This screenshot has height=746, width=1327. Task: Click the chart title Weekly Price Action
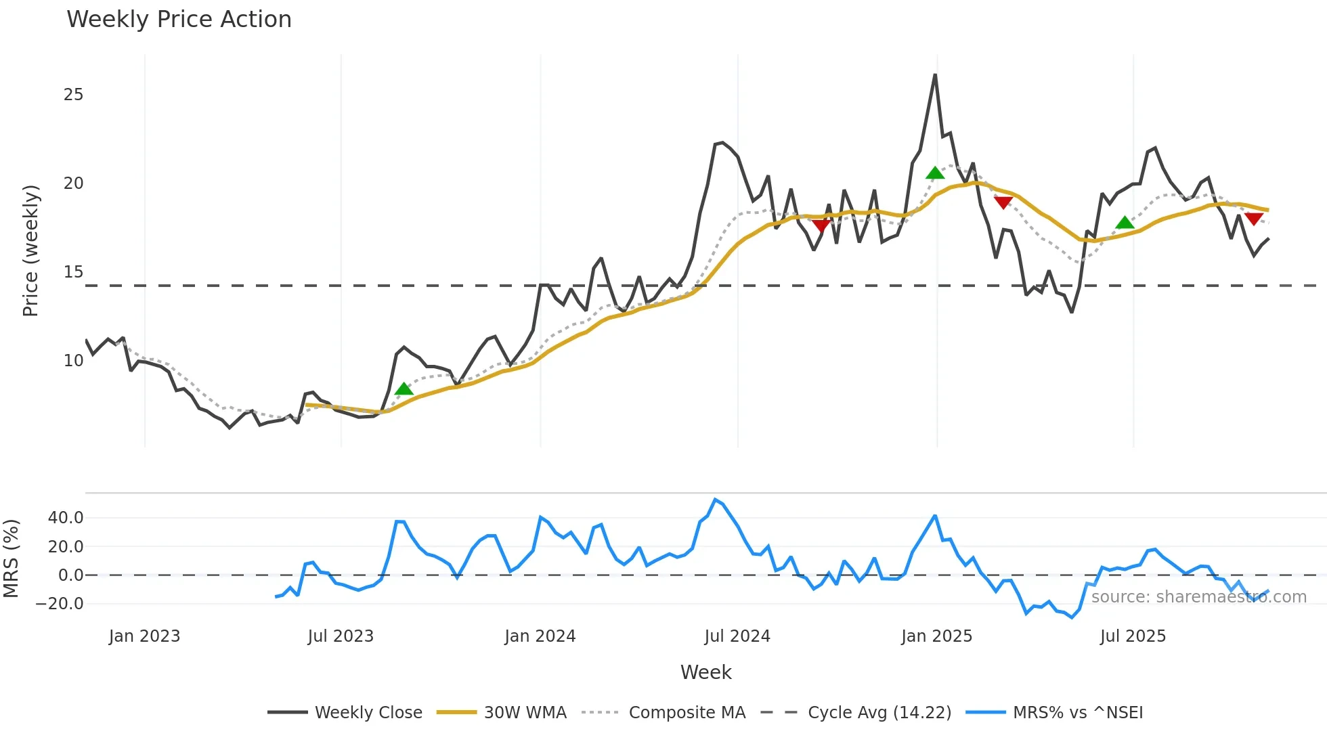pos(179,20)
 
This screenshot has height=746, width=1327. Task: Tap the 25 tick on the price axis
pos(73,95)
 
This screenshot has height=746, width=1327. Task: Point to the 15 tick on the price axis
pos(73,272)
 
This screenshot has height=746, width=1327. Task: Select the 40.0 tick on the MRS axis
pos(66,518)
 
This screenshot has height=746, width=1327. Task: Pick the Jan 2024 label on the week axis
pos(540,636)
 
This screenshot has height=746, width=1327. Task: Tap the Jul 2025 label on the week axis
pos(1133,636)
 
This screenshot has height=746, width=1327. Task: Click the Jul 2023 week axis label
pos(341,636)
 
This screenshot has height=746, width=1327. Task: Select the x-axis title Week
pos(705,672)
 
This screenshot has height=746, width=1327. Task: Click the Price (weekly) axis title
pos(30,250)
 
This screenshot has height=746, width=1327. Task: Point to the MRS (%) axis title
pos(11,558)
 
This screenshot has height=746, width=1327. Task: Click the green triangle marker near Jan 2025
pos(935,173)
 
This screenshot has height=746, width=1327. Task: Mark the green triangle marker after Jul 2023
pos(404,389)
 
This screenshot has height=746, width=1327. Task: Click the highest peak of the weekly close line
pos(935,75)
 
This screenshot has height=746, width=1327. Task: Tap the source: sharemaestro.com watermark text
pos(1198,597)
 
